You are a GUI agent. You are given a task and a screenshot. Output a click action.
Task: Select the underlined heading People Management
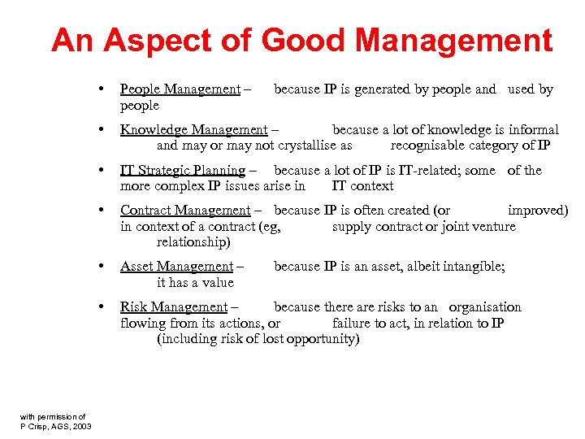(x=180, y=89)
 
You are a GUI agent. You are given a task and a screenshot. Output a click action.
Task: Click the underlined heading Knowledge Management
(x=193, y=130)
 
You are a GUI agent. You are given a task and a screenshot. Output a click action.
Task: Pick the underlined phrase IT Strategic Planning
(x=183, y=171)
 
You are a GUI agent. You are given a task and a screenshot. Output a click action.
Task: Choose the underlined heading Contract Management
(x=185, y=211)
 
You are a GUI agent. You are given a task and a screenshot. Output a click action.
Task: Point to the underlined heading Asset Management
(x=176, y=267)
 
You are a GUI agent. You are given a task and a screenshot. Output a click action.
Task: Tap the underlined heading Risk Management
(x=174, y=307)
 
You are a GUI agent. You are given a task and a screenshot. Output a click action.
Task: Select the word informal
(x=533, y=130)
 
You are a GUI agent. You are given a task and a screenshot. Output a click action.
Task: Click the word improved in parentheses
(x=537, y=211)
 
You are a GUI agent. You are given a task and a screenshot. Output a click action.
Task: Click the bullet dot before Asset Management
(x=98, y=266)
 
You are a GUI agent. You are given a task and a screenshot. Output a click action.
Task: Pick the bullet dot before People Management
(x=98, y=89)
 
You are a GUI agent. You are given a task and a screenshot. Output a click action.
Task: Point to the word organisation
(x=485, y=307)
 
